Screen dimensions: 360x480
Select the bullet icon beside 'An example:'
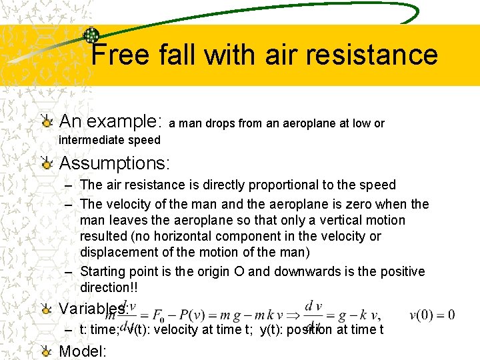[x=46, y=121]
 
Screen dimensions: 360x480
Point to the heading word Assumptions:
[x=115, y=163]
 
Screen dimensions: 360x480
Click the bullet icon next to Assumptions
[x=46, y=163]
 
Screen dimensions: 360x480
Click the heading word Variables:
[x=93, y=309]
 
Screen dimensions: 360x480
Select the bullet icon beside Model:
[x=46, y=351]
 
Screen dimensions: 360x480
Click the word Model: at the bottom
[x=83, y=351]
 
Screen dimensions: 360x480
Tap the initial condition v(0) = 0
[x=432, y=315]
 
